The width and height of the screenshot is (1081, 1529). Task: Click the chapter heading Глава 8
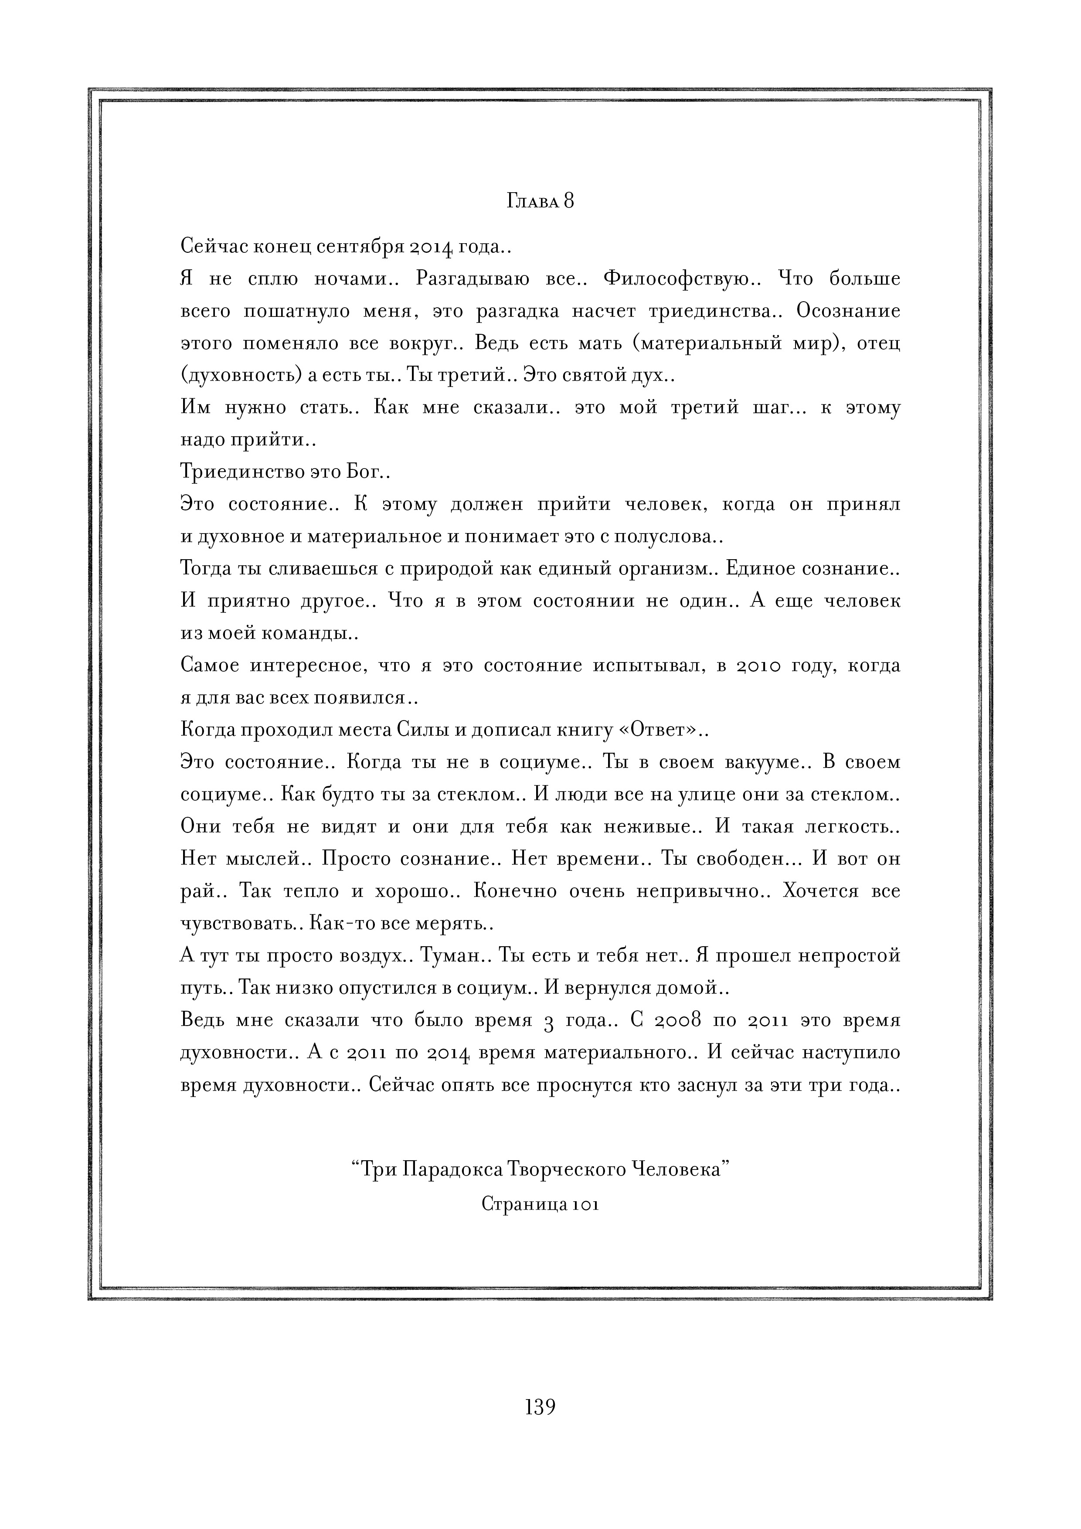[540, 201]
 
